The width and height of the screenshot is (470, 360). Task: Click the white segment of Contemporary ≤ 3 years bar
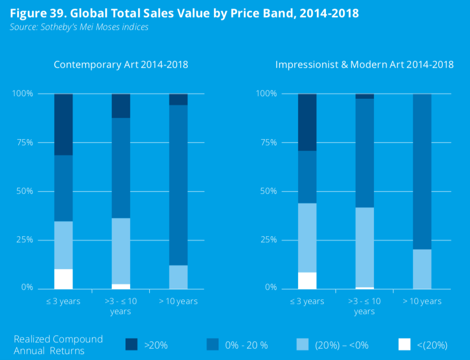(63, 279)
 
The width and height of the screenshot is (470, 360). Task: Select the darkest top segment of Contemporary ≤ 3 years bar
(63, 124)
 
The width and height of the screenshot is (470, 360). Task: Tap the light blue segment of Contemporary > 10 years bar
(178, 277)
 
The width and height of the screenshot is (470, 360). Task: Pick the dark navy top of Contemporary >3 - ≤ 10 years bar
(121, 106)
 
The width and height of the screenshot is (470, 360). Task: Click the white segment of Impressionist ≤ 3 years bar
(307, 281)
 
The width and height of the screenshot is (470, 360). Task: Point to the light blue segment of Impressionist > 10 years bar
(422, 269)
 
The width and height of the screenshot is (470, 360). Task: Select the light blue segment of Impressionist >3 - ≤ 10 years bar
(364, 247)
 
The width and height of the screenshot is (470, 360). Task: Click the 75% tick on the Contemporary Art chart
(23, 143)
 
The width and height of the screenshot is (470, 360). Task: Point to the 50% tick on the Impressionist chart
(267, 192)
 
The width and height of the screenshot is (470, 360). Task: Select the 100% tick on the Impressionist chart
(265, 94)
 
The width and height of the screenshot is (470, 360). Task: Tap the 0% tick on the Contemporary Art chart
(26, 288)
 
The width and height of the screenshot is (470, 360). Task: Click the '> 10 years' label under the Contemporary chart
(178, 301)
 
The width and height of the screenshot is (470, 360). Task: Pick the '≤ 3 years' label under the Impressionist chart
(307, 301)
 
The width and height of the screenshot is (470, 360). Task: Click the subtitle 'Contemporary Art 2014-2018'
(121, 65)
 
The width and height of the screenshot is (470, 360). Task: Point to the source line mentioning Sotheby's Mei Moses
(79, 27)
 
